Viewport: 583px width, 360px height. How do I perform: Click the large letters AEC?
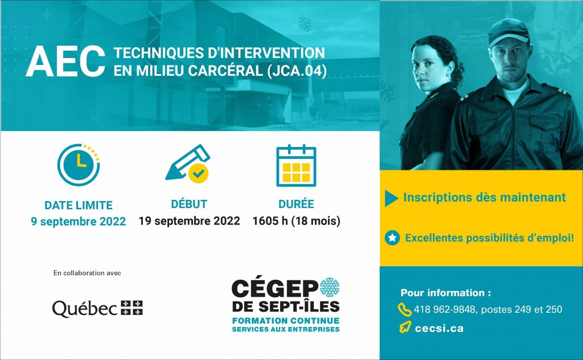[x=65, y=62]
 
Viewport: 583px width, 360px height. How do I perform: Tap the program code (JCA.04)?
[x=297, y=71]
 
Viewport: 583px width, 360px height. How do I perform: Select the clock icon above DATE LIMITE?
[x=79, y=165]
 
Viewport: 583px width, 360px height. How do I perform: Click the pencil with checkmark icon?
[x=188, y=163]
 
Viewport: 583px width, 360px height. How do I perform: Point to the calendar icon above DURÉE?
[x=296, y=166]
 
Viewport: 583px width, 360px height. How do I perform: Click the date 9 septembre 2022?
[x=79, y=222]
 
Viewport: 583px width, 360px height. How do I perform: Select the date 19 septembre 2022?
[x=189, y=221]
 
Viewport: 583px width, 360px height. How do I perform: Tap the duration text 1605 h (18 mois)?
[x=296, y=221]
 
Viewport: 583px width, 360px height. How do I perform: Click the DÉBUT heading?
[x=189, y=204]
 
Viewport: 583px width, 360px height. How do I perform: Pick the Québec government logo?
[x=97, y=308]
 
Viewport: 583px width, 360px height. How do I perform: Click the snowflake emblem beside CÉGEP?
[x=330, y=287]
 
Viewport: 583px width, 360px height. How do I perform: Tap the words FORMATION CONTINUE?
[x=286, y=321]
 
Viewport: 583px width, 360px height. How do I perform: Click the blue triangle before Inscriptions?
[x=391, y=198]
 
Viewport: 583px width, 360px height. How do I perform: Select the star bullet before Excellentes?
[x=392, y=238]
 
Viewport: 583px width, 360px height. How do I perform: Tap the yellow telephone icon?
[x=405, y=309]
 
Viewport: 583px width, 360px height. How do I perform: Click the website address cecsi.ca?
[x=439, y=329]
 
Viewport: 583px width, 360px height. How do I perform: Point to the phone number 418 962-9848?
[x=445, y=309]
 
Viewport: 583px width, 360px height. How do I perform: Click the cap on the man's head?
[x=508, y=31]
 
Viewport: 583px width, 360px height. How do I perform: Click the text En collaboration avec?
[x=87, y=273]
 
